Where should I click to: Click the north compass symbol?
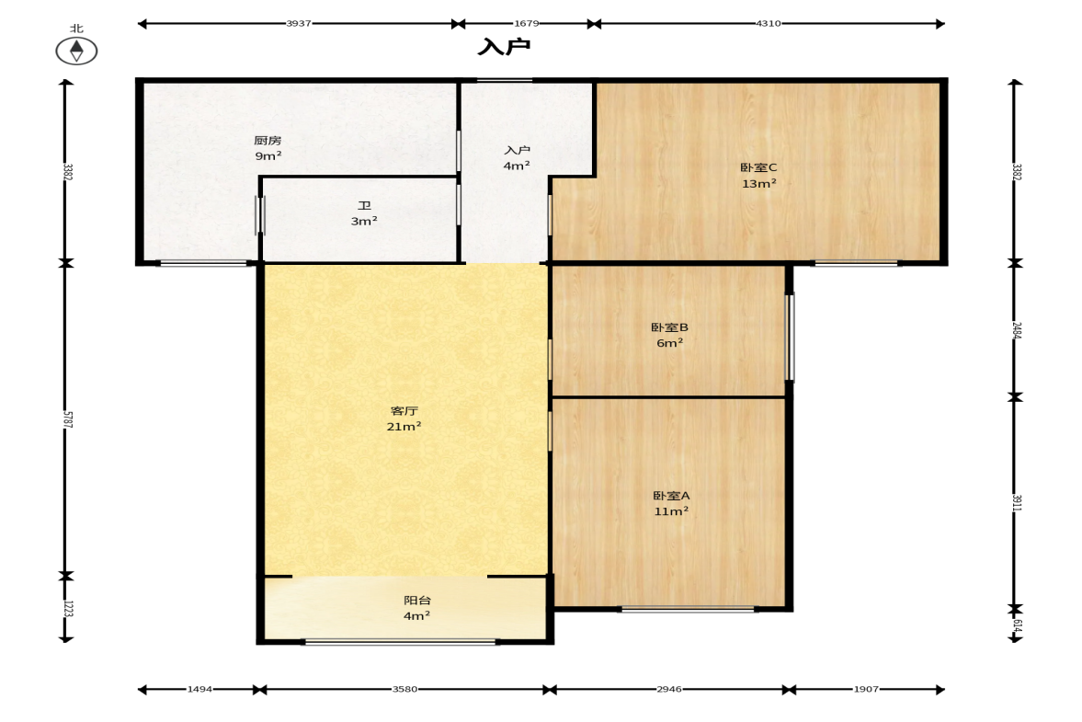[x=76, y=51]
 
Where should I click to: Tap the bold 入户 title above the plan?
[x=505, y=47]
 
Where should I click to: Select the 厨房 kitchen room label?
[x=268, y=141]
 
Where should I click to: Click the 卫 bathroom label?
[x=364, y=206]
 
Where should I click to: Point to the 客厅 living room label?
[x=404, y=411]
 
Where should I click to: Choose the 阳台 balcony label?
[x=417, y=601]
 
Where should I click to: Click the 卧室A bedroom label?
[x=671, y=496]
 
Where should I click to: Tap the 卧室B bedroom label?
[x=669, y=327]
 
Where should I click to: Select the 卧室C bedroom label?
[x=759, y=167]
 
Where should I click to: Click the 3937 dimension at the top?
[x=299, y=24]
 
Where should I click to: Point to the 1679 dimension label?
[x=527, y=24]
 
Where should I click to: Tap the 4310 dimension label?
[x=769, y=24]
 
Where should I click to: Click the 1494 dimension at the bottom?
[x=200, y=689]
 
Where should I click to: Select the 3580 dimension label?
[x=405, y=689]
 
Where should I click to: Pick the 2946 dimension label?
[x=669, y=689]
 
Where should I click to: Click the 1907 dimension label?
[x=867, y=689]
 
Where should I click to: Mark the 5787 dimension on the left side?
[x=68, y=419]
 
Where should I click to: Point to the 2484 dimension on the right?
[x=1017, y=330]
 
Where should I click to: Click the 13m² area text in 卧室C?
[x=759, y=184]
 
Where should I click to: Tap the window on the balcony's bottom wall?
[x=400, y=642]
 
